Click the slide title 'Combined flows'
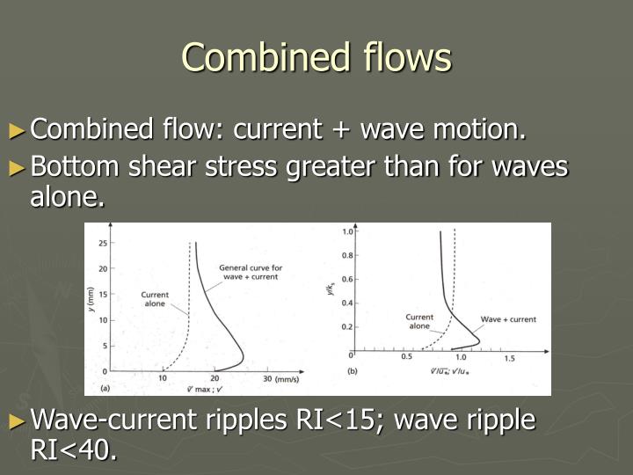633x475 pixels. (x=316, y=57)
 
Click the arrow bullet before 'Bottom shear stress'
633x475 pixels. (x=18, y=166)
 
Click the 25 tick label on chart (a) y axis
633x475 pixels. (x=102, y=243)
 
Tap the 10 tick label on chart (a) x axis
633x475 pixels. (x=163, y=377)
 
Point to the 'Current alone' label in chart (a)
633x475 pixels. (x=155, y=299)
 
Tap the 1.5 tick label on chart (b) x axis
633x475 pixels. (x=509, y=359)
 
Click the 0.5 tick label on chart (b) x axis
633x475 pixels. (x=407, y=359)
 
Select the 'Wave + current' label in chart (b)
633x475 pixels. (x=508, y=319)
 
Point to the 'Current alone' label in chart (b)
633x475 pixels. (x=418, y=321)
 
